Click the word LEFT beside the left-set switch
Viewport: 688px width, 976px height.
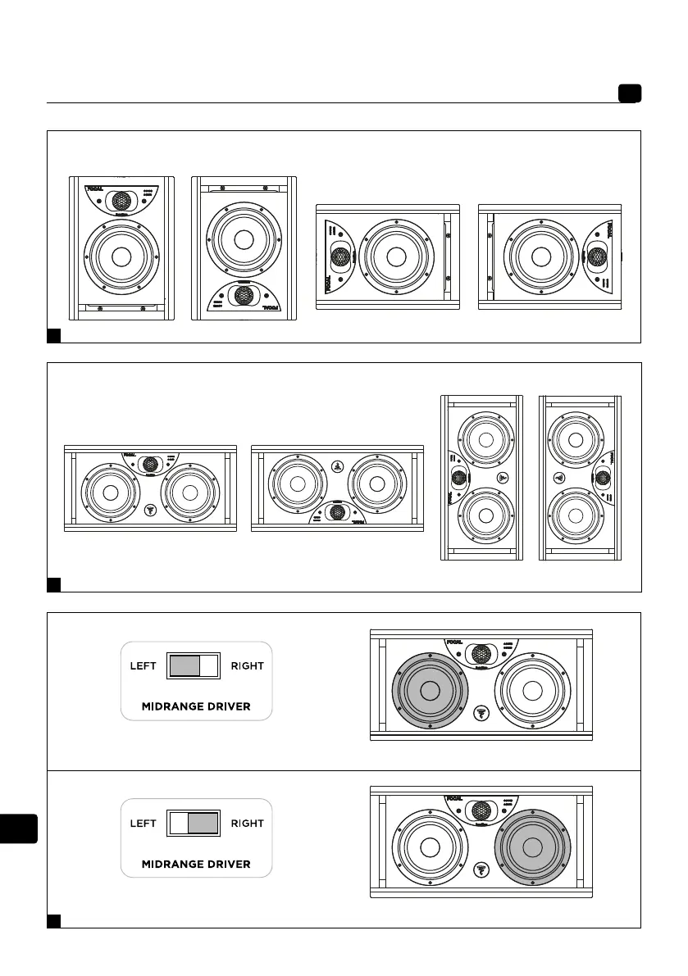[144, 665]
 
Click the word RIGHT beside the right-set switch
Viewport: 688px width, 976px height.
[248, 824]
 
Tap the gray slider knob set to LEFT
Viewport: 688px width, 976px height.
[184, 665]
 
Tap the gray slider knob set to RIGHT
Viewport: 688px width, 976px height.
[203, 824]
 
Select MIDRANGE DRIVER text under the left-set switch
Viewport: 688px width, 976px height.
[196, 706]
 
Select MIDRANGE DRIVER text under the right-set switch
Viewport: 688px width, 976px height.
[196, 864]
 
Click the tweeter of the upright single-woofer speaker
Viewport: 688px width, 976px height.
[121, 199]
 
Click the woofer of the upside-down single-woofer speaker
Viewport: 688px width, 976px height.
[243, 238]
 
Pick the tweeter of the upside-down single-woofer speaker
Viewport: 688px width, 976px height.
[243, 296]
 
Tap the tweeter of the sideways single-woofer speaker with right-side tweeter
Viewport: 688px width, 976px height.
[597, 256]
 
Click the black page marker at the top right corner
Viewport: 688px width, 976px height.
[630, 94]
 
